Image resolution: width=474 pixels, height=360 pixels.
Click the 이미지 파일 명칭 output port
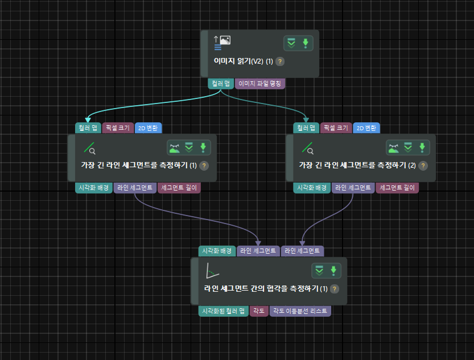pos(260,83)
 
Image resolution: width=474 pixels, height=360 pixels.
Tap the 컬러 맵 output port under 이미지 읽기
pos(220,83)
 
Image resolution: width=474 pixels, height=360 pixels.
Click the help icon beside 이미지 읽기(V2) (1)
pos(280,61)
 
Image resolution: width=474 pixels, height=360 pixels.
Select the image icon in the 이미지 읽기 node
pos(225,40)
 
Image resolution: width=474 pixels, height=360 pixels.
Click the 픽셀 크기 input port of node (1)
pos(118,128)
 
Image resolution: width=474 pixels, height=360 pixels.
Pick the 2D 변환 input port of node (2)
pos(366,128)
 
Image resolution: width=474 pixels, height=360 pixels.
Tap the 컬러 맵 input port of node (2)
pos(306,128)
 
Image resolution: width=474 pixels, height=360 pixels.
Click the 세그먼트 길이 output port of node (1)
pos(179,188)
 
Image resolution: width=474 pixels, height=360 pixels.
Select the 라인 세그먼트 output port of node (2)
pos(353,188)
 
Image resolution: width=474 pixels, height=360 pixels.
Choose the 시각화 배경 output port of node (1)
pos(94,188)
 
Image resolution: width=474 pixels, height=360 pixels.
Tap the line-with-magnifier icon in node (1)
pos(89,148)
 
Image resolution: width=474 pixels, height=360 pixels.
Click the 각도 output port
pos(259,311)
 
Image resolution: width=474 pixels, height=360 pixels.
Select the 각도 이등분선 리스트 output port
pos(300,311)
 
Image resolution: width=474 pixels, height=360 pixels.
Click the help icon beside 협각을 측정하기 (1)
pos(335,288)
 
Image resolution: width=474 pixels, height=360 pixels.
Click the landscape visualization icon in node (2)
pos(393,148)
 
